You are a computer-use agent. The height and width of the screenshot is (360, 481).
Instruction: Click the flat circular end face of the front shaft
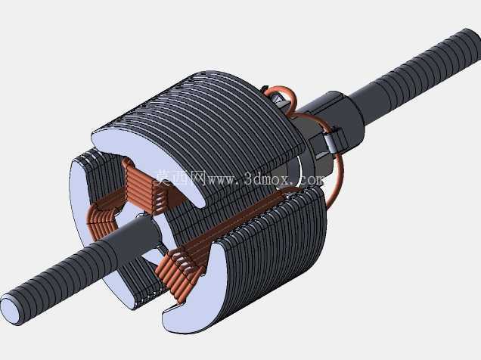[11, 309]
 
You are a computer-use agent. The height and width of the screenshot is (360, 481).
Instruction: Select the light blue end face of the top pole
[148, 160]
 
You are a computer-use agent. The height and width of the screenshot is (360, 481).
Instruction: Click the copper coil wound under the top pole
[144, 186]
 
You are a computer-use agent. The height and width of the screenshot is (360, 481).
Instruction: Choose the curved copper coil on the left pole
[101, 222]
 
